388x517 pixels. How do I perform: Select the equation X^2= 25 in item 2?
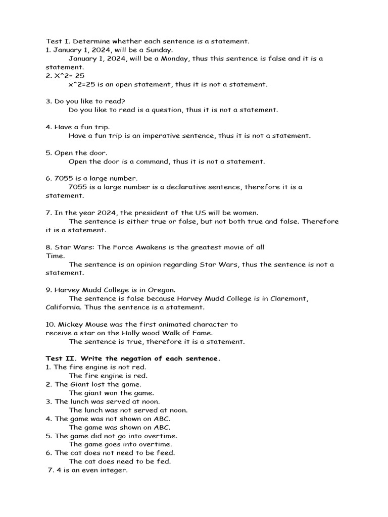click(69, 76)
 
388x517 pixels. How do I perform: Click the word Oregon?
click(161, 290)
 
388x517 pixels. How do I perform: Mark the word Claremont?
click(287, 299)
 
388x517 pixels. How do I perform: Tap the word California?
click(64, 307)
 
